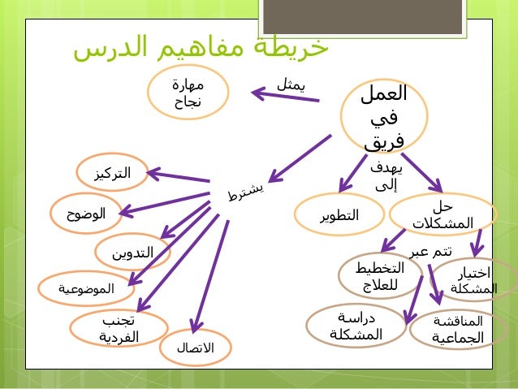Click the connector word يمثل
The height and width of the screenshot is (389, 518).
point(291,82)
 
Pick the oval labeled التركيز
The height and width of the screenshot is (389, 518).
point(111,173)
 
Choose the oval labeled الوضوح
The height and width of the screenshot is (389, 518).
point(86,214)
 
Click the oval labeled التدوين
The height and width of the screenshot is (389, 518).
point(132,253)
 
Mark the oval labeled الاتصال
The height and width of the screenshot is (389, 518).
point(195,348)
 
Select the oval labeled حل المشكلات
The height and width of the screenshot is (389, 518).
point(442,215)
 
